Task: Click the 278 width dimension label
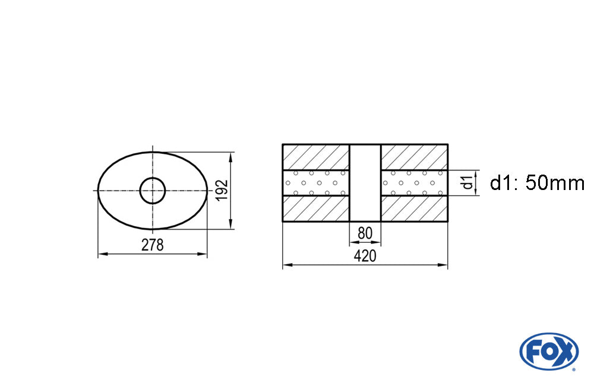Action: point(152,245)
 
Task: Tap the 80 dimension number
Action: point(365,233)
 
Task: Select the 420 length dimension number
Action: point(365,256)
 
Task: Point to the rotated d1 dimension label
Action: point(469,183)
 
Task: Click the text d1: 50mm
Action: point(537,183)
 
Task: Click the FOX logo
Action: point(549,351)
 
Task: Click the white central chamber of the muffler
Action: point(365,183)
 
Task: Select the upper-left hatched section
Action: point(316,157)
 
